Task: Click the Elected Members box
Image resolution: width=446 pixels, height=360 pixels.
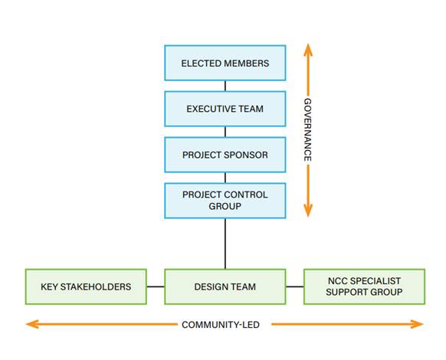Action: tap(225, 63)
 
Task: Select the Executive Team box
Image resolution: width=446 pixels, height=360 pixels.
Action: tap(225, 109)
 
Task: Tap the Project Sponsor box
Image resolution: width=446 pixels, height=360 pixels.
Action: tap(225, 155)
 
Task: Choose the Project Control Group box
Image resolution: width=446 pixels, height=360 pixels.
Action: tap(225, 201)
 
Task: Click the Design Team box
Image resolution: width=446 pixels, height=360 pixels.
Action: tap(225, 286)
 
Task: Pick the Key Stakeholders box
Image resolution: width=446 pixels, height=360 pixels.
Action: tap(86, 286)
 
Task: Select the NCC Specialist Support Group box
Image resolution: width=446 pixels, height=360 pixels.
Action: tap(364, 286)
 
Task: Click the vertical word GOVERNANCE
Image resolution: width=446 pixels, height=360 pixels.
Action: tap(308, 130)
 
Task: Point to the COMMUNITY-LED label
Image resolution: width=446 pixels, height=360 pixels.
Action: tap(221, 325)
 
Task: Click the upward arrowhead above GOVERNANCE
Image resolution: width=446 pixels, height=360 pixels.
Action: tap(308, 50)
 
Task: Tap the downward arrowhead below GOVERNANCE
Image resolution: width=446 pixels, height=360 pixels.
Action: tap(308, 211)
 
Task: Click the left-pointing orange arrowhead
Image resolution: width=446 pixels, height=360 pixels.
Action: tap(32, 324)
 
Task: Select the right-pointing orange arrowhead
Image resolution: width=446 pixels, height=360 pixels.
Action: tap(417, 324)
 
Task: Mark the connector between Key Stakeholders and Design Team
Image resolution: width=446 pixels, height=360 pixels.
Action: tap(156, 286)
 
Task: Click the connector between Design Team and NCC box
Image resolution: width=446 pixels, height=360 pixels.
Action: tap(295, 286)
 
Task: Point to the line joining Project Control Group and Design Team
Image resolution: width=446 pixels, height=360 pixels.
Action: tap(225, 244)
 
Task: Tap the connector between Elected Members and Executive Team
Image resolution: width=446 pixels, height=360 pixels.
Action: tap(225, 86)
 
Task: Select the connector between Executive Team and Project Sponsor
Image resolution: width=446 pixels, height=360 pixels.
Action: tap(225, 132)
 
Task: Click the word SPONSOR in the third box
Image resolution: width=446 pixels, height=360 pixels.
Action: tap(245, 155)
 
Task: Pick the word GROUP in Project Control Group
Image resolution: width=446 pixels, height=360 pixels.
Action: tap(225, 206)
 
